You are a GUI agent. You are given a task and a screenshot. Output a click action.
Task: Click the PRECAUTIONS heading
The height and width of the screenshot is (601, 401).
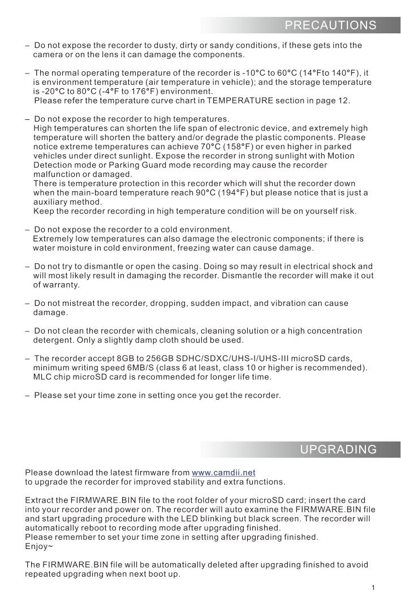330,25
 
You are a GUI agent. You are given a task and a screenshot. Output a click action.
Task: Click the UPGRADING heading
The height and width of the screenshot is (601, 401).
338,449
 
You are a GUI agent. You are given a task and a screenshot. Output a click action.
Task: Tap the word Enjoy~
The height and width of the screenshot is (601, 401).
38,547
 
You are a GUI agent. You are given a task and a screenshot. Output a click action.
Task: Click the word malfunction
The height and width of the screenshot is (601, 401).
58,175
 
